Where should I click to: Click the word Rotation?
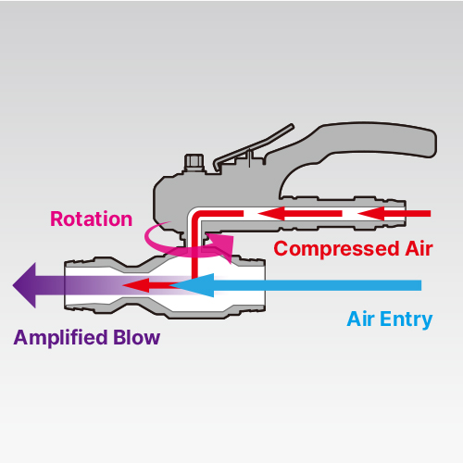92,219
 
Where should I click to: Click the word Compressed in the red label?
336,249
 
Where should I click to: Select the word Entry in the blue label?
407,319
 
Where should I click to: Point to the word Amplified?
60,338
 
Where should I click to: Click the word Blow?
136,337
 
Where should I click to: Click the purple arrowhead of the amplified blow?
25,285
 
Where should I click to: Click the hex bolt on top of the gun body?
194,163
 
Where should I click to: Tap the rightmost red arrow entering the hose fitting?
394,214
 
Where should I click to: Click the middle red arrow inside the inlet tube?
300,214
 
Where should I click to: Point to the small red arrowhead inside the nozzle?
136,285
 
